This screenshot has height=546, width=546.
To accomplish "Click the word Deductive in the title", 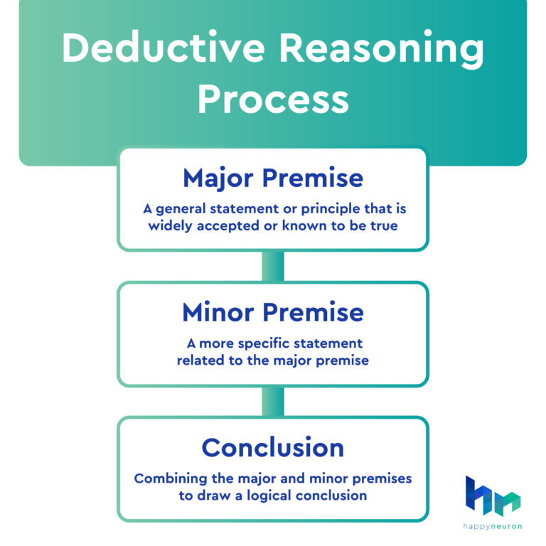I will coord(166,50).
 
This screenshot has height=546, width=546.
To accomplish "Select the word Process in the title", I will coord(273,100).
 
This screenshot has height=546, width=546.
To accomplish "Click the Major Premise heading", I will coord(273,178).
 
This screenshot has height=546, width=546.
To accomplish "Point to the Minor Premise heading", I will coord(273,312).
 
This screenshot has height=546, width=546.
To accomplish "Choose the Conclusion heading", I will coord(273,447).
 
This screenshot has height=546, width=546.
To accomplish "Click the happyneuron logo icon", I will coord(493,496).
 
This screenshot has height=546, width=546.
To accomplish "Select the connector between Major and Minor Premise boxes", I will coord(273,267).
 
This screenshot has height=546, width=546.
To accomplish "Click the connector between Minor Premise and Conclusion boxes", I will coord(273,402).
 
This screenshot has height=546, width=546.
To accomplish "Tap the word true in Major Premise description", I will coord(383,226).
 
